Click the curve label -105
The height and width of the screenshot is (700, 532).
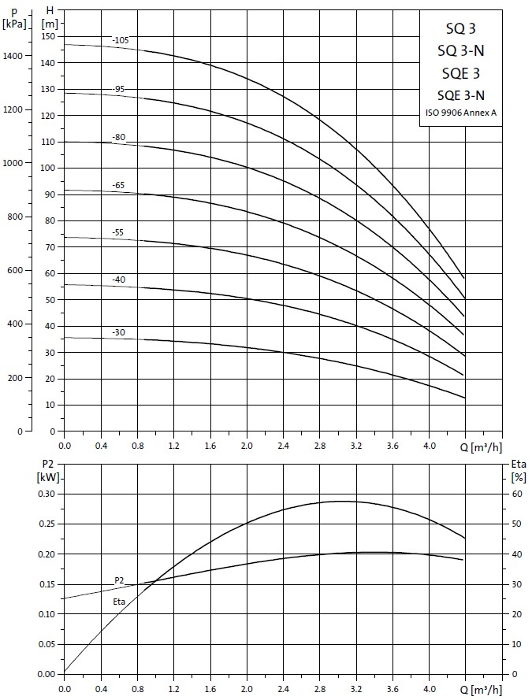click(x=120, y=40)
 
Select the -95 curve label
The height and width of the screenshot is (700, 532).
click(x=118, y=89)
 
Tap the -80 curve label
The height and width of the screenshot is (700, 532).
click(x=118, y=138)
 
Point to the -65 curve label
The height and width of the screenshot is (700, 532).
click(x=118, y=185)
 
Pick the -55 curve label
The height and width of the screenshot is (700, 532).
click(x=118, y=233)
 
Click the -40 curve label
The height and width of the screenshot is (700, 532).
click(x=118, y=280)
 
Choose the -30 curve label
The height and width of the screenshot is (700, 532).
click(x=118, y=332)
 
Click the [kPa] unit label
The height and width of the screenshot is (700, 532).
click(x=15, y=24)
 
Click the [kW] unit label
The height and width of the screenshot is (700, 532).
click(x=45, y=477)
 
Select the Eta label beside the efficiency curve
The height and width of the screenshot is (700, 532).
click(x=120, y=602)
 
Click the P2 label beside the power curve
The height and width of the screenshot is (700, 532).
click(x=120, y=580)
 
